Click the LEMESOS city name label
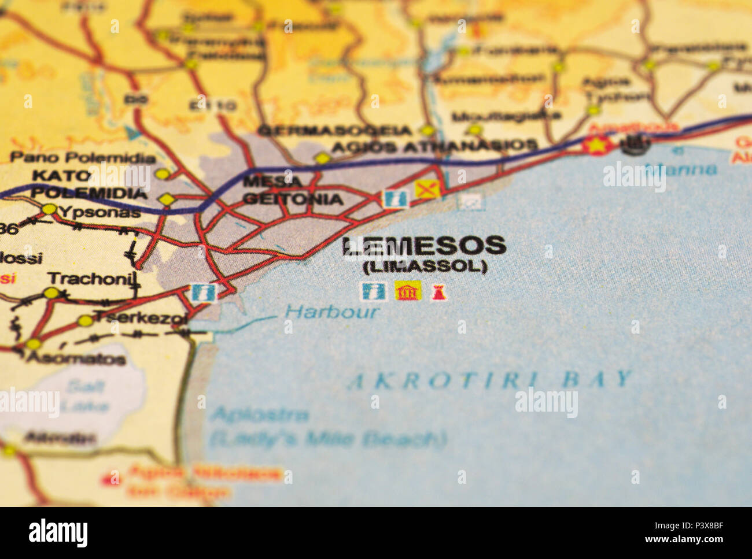coord(424,246)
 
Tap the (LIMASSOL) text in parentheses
coord(425,266)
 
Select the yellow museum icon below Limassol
coord(408,291)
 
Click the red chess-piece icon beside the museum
coord(438,292)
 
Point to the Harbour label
coord(332,313)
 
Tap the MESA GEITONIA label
coord(292,191)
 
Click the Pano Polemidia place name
coord(83,158)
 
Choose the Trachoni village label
coord(93,279)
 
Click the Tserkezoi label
coord(140,317)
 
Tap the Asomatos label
coord(76,359)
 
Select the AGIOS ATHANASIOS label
coord(434,146)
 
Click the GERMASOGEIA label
coord(334,131)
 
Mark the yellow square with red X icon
coord(427,189)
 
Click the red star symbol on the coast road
coord(597,144)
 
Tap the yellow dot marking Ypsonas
coord(49,209)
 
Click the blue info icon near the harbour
coord(203,292)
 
